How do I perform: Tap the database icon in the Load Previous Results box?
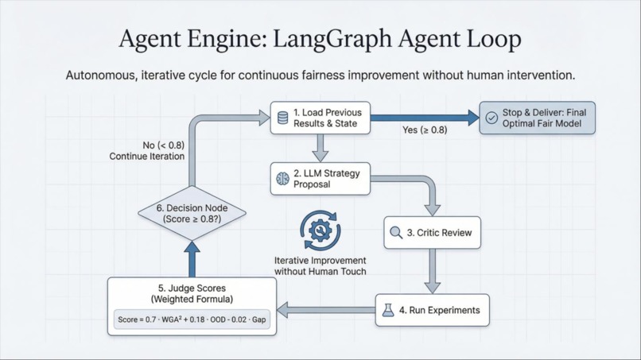(x=282, y=118)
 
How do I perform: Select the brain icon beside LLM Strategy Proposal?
(x=282, y=179)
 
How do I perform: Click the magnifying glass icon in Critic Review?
(x=396, y=233)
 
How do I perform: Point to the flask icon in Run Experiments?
(x=387, y=310)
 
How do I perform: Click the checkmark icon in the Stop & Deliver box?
(x=491, y=118)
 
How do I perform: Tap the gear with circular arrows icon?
(x=320, y=230)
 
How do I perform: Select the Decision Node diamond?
(x=192, y=213)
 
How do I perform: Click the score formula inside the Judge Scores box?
(x=192, y=319)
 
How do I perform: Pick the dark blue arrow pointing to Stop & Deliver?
(x=425, y=118)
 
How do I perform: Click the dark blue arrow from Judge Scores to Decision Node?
(x=192, y=258)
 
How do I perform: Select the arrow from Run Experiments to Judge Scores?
(x=326, y=310)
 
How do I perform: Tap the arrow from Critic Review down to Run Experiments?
(x=432, y=271)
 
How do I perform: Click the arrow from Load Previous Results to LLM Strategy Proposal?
(x=320, y=148)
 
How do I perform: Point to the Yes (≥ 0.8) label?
(x=425, y=130)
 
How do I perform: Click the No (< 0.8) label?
(x=164, y=145)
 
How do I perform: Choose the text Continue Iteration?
(x=147, y=157)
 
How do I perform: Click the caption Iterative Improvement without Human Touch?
(x=320, y=266)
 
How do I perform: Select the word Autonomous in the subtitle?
(x=101, y=75)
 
